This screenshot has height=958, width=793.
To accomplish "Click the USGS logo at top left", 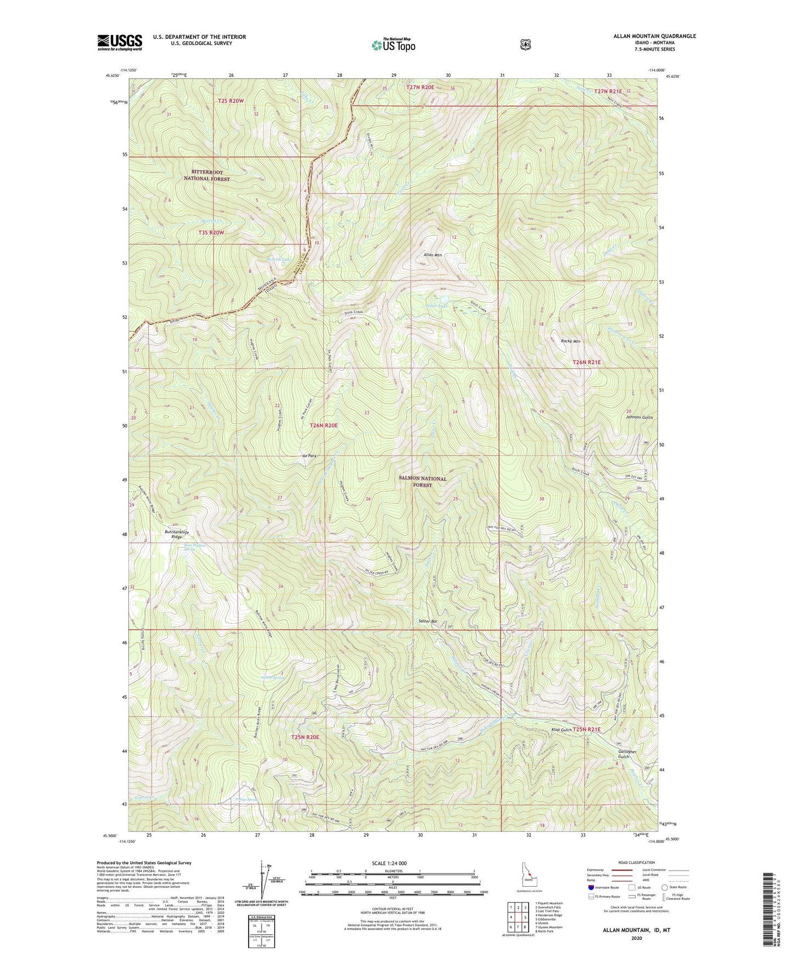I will point(120,42).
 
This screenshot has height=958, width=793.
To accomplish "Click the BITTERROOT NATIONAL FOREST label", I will point(206,176).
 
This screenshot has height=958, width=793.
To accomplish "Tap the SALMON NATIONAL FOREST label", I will point(422,482).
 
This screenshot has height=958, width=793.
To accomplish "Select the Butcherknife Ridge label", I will point(170,534).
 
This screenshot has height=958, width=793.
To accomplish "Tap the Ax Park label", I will point(309,456).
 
